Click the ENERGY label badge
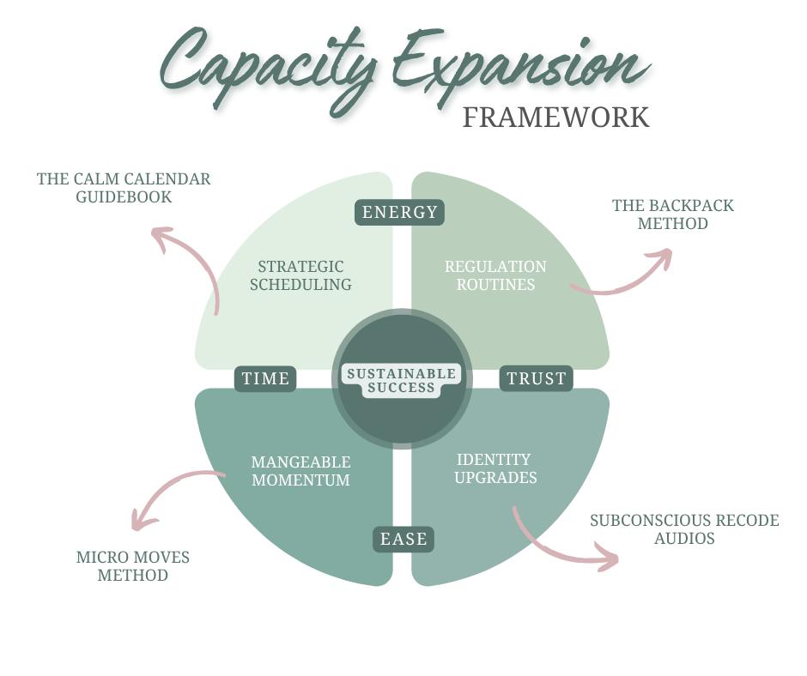point(399,212)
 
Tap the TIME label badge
point(265,378)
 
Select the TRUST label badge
point(537,378)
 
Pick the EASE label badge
point(403,539)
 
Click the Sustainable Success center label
point(401,380)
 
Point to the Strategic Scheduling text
point(300,275)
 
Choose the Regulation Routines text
point(495,275)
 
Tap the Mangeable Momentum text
point(300,471)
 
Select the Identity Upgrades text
point(495,468)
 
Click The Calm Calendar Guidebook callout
point(124,188)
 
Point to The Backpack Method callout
point(672,214)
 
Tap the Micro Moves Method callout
point(132,565)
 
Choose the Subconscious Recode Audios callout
point(684,529)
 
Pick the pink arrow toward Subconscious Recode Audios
point(558,545)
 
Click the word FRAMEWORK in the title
point(555,117)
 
